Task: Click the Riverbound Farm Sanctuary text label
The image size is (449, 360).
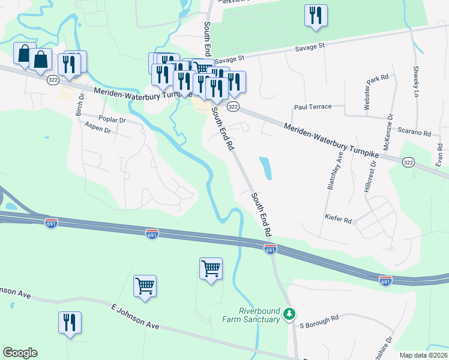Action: (259, 315)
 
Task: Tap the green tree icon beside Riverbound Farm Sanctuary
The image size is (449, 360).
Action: (289, 313)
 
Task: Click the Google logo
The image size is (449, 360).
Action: (20, 353)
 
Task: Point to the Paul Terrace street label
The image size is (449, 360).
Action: (312, 107)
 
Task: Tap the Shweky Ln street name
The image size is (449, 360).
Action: (415, 82)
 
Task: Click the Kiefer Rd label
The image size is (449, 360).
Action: (337, 220)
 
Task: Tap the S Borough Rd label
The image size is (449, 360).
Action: (319, 318)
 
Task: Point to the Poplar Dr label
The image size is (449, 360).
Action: (113, 120)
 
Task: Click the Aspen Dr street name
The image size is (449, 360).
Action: (98, 127)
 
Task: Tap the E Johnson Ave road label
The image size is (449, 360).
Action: (135, 316)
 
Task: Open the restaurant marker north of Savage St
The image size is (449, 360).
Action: (315, 16)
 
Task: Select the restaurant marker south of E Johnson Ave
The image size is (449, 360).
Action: (70, 322)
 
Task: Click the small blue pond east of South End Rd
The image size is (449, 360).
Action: (265, 168)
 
